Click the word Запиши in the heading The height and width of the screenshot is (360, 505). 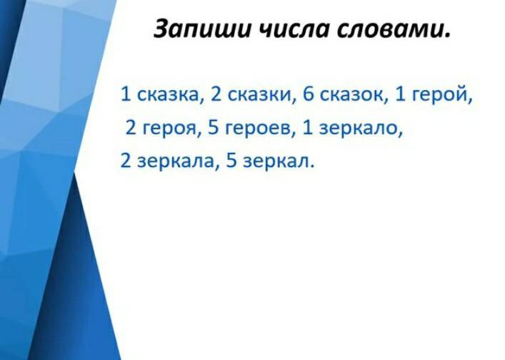point(202,29)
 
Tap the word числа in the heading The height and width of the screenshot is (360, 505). point(294,29)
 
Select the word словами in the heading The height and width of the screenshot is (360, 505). point(390,29)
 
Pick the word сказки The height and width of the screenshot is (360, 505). point(259,95)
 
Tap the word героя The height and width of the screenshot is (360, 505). point(169,129)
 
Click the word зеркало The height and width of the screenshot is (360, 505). point(359,128)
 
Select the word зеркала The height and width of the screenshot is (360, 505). point(176,161)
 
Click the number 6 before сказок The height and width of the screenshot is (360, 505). point(309,94)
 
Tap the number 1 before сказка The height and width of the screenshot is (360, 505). point(126,94)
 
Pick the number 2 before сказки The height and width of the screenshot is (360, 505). point(216,94)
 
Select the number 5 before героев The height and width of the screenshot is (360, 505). point(214,128)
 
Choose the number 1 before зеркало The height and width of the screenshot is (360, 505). point(309,128)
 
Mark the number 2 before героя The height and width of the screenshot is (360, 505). point(131,128)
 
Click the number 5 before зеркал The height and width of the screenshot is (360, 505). point(231,160)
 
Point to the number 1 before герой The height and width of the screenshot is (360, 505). point(400,94)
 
